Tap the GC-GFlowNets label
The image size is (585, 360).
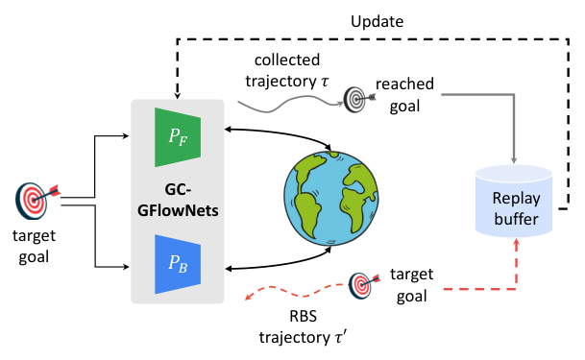(177, 198)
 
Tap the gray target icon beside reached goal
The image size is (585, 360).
(357, 98)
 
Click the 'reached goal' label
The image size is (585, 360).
(405, 93)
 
